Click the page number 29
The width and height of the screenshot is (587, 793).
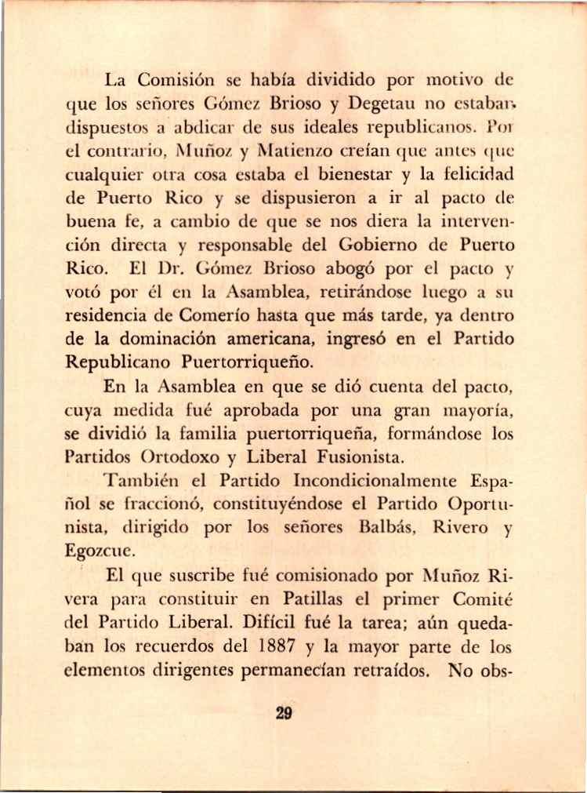coord(284,714)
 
